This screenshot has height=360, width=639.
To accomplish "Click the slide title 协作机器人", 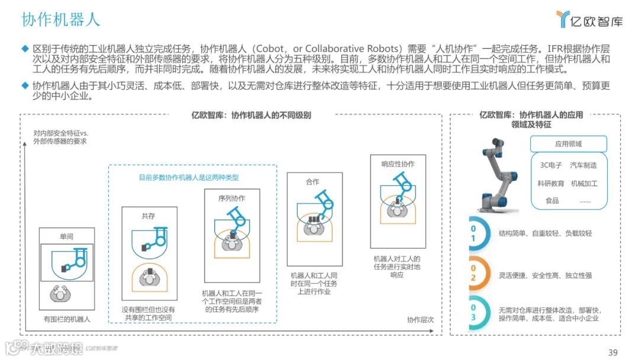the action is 61,19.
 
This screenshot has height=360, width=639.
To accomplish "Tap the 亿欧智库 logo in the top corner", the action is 589,20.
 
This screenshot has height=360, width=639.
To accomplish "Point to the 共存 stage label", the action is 148,216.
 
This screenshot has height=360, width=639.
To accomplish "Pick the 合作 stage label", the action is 313,182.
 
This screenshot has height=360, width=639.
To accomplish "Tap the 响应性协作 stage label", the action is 398,164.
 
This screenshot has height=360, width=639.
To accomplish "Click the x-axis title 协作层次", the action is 420,320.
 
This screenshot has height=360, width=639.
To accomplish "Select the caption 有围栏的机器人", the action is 66,320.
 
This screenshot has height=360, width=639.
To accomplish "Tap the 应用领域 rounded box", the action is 569,144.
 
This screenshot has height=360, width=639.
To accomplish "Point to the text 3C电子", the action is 551,165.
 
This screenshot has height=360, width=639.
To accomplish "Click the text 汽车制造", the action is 583,165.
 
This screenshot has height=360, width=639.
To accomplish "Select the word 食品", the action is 552,201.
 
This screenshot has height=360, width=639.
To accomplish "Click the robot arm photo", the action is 498,174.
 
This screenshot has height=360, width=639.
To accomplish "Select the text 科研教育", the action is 551,184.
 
